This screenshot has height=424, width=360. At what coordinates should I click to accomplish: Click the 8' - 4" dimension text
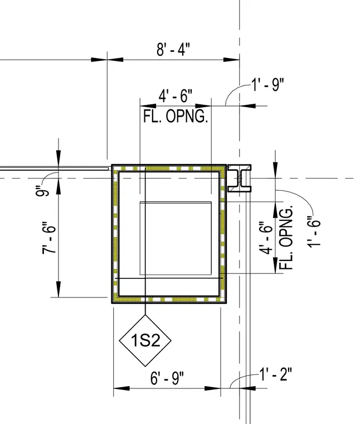coord(173,49)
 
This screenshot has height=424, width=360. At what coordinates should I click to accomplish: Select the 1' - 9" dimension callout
coord(268,85)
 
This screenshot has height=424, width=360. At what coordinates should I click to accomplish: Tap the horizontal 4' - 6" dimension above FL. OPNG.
coord(176,96)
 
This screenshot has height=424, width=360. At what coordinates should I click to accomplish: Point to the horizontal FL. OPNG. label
coord(176,117)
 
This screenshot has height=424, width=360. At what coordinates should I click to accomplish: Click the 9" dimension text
coord(42,191)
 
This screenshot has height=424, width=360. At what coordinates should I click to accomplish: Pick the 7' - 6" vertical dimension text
coord(49,238)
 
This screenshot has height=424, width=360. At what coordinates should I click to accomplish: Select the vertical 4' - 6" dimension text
coord(266,238)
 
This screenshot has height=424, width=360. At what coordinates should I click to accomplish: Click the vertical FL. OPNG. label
coord(286,237)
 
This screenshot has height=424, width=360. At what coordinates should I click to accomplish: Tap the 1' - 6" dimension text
coord(314,232)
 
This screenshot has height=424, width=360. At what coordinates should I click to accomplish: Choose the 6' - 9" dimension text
coord(167,378)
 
